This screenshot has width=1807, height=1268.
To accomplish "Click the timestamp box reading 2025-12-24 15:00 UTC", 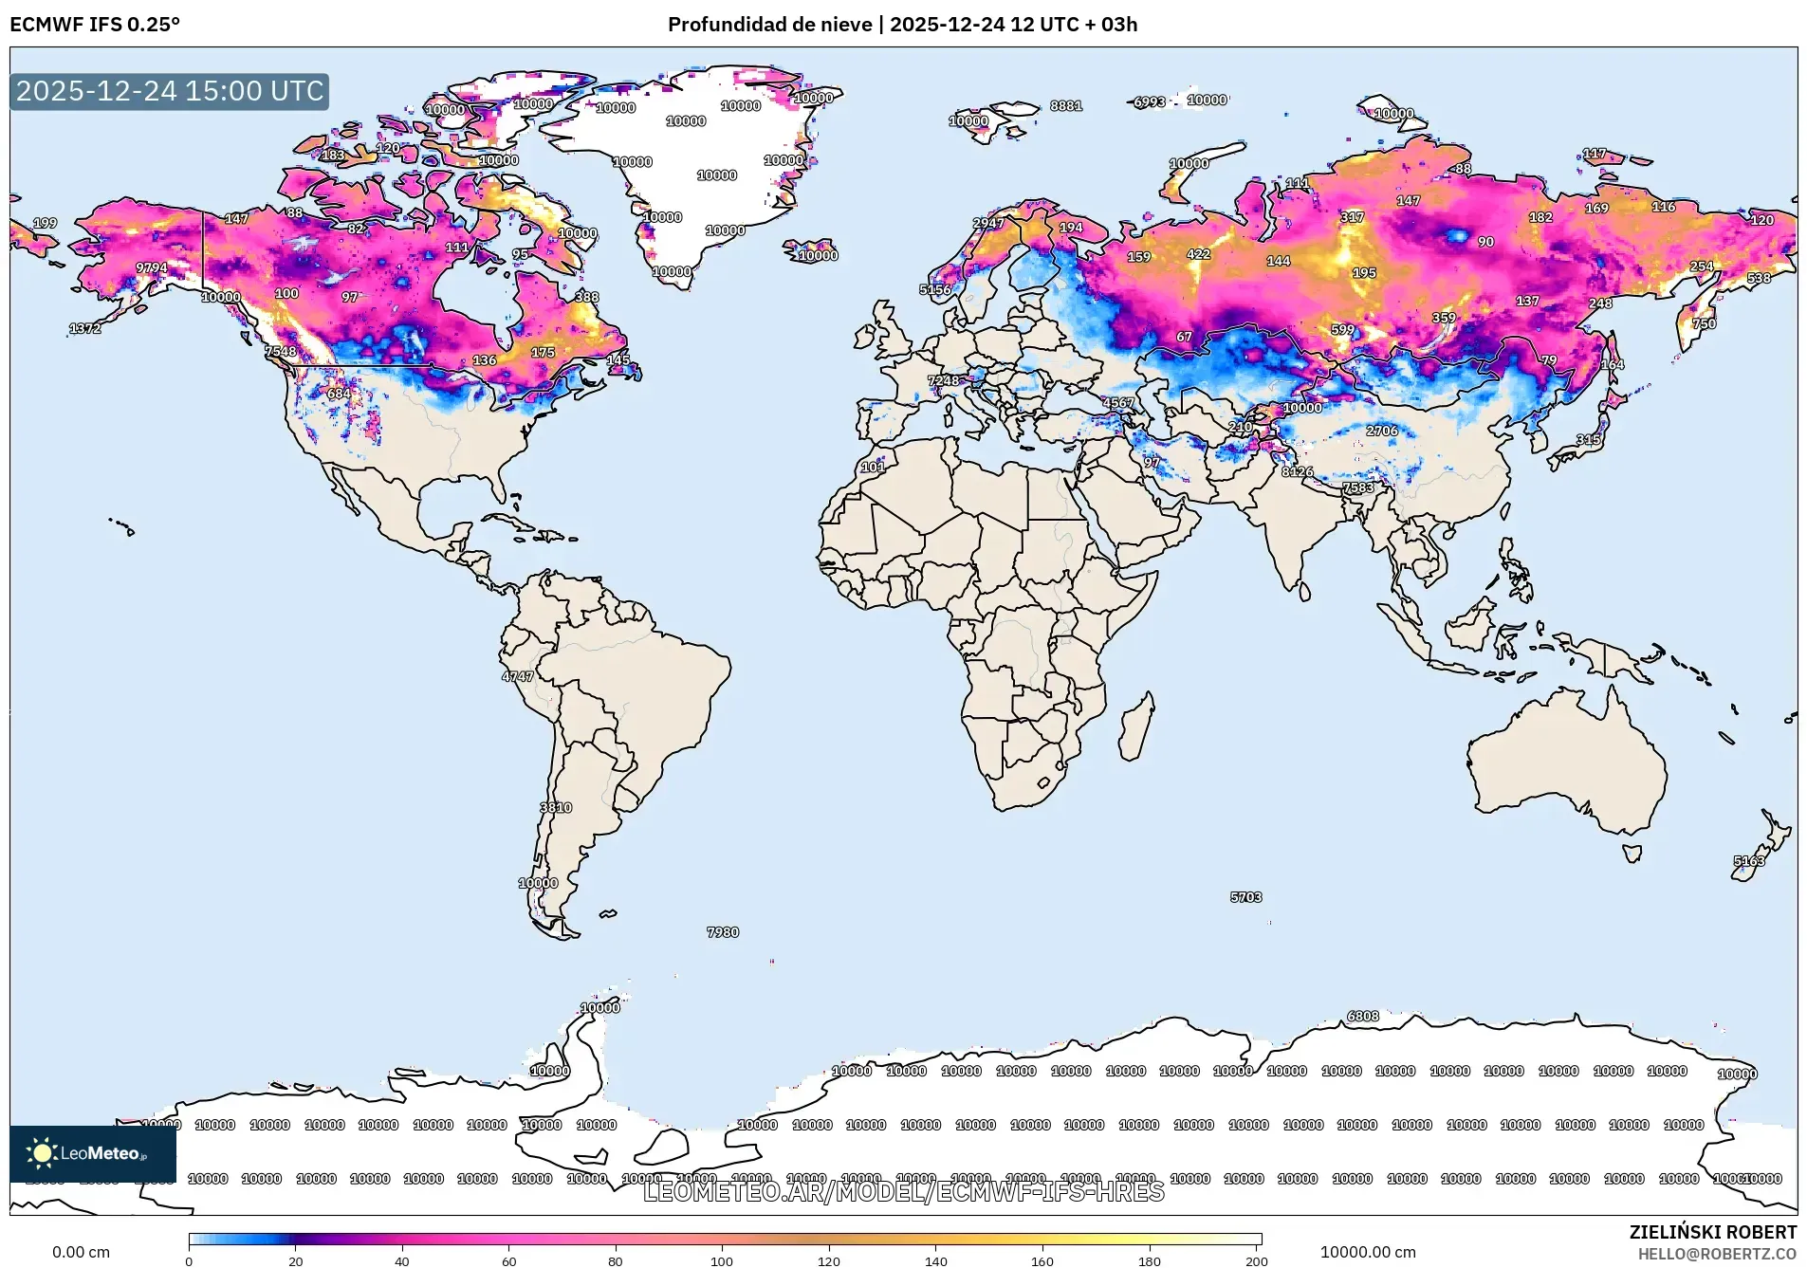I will click(x=170, y=91).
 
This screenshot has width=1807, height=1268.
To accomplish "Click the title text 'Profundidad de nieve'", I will click(x=769, y=25).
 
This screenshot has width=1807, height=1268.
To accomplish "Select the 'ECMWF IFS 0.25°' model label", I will click(x=95, y=25).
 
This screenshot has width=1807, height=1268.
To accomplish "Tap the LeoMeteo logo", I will click(x=92, y=1153).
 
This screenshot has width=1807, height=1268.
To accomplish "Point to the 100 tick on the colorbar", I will click(x=722, y=1260).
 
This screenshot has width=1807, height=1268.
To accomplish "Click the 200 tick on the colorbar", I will click(x=1256, y=1260).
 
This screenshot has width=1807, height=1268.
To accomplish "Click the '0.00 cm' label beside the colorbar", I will click(x=81, y=1252).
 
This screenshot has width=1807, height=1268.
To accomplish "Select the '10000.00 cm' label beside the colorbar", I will click(x=1368, y=1252).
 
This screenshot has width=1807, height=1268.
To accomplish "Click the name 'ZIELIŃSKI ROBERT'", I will click(x=1712, y=1232).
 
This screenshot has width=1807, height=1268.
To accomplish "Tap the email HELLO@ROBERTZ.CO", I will click(x=1717, y=1254).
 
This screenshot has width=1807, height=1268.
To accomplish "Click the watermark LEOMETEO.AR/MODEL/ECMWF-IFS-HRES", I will click(x=903, y=1191).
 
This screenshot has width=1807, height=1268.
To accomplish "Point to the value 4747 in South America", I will click(x=518, y=676).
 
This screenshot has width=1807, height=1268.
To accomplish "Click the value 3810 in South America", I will click(x=556, y=808).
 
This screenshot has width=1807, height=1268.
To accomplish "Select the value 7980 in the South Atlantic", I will click(x=723, y=932).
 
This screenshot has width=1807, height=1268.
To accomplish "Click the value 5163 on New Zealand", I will click(x=1749, y=861).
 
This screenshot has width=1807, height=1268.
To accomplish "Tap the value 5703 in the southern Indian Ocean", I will click(x=1246, y=897).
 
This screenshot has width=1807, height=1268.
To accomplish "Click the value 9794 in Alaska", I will click(x=152, y=268).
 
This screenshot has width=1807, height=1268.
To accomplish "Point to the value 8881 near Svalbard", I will click(x=1066, y=106).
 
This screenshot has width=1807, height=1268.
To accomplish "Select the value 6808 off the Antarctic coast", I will click(x=1363, y=1017).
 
